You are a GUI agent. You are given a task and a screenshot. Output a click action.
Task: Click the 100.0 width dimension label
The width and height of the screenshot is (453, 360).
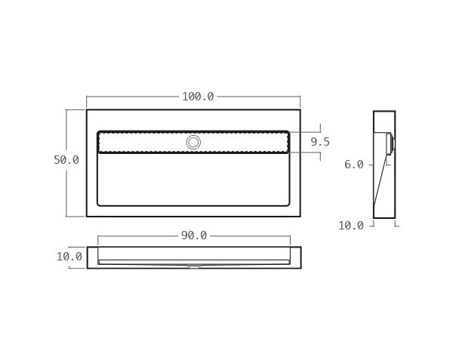point(198,97)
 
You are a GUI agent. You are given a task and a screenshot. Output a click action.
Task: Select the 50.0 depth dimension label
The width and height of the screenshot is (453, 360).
point(66,160)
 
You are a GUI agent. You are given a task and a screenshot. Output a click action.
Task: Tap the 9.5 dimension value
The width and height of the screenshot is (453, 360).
point(320,142)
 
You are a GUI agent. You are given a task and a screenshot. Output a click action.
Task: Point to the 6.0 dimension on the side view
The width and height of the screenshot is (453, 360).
point(354,165)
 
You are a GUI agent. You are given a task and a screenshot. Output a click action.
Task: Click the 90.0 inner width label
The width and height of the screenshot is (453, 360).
point(193,235)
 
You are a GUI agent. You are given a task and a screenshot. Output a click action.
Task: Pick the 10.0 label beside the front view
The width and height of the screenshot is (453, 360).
point(69,257)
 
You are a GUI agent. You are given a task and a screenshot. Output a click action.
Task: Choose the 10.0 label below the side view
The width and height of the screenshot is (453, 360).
point(351,226)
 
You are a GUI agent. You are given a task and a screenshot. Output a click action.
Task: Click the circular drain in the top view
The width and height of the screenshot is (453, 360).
point(193,142)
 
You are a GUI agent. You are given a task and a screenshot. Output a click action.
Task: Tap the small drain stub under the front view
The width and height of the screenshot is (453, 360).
point(193,266)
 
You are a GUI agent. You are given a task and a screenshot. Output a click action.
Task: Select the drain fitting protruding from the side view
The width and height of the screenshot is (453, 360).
point(390,143)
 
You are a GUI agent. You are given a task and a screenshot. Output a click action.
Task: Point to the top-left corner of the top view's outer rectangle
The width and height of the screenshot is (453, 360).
point(87,110)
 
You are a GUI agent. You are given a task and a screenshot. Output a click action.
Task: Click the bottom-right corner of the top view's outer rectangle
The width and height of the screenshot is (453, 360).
point(300,217)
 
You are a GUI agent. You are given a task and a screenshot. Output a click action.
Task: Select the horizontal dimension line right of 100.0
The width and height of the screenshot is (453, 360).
point(257,97)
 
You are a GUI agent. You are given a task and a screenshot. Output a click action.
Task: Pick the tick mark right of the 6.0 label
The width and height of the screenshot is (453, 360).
point(371,165)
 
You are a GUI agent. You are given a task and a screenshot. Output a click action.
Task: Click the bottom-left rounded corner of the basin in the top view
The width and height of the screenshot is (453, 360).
point(100,204)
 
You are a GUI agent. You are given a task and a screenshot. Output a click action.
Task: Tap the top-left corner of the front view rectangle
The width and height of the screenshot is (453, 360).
point(88,248)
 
